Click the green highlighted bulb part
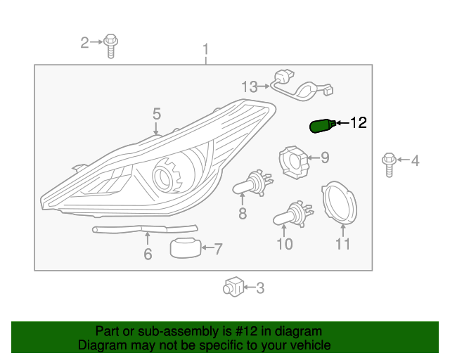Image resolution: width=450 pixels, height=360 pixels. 321,126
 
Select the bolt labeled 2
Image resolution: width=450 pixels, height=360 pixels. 111,45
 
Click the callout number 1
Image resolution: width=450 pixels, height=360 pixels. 206,50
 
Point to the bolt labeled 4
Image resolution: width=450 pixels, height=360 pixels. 389,162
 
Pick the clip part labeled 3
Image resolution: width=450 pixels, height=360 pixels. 233,287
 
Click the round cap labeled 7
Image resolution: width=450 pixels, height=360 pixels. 186,247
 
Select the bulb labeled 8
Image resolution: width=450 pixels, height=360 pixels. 250,184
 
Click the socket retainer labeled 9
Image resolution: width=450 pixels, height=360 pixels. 295,161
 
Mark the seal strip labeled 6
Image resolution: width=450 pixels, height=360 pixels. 144,229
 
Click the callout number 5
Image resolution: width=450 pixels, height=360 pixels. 157,114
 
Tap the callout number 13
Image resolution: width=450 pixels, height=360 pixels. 250,87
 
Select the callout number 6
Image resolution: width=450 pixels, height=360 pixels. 148,254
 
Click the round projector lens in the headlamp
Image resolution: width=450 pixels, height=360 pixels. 167,175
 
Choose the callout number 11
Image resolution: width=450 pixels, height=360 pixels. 342,245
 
